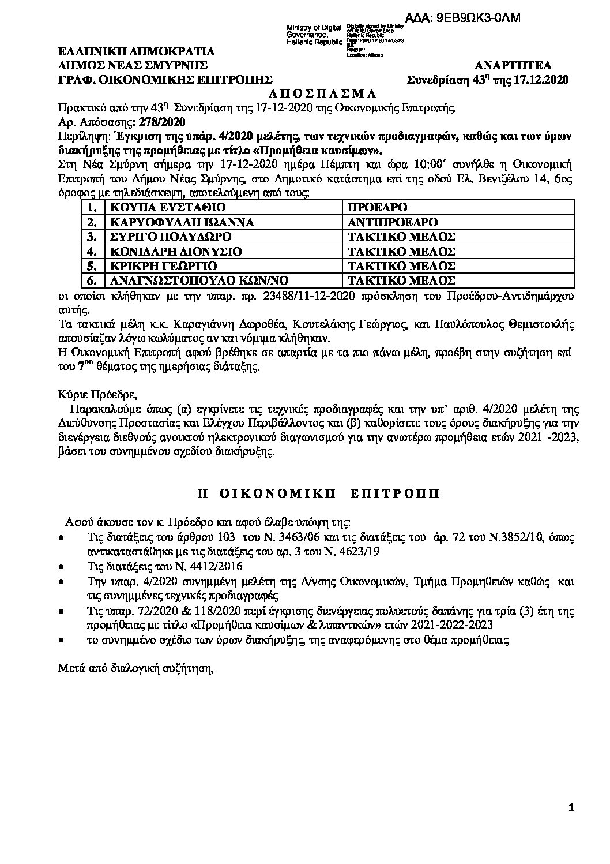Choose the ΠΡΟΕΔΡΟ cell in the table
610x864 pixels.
(x=378, y=207)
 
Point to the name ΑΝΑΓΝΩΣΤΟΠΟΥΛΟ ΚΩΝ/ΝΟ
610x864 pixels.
(x=192, y=281)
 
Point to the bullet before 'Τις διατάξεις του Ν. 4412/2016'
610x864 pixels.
(x=62, y=566)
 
